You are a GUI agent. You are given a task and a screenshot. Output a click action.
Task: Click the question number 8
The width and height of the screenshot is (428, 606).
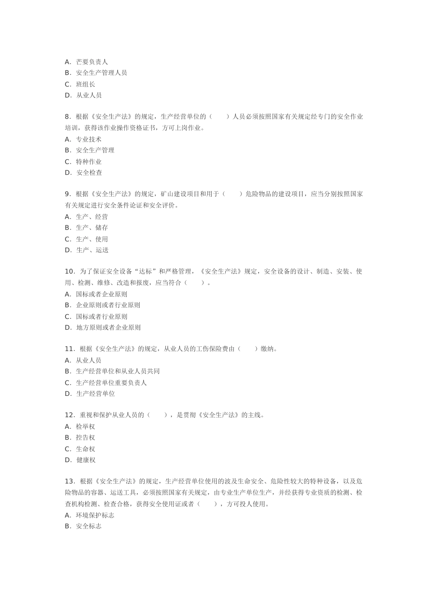click(x=68, y=117)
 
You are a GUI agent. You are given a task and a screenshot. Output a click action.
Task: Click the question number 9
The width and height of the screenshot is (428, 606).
click(x=68, y=194)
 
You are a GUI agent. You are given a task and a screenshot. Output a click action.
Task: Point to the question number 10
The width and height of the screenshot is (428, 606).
click(x=69, y=271)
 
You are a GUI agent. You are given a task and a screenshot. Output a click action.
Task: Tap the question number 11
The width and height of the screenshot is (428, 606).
click(x=69, y=349)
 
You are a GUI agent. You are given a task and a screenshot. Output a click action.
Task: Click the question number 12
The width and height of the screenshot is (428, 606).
click(x=69, y=415)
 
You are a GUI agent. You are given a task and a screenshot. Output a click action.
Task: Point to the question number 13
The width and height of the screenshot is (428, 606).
click(x=69, y=482)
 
